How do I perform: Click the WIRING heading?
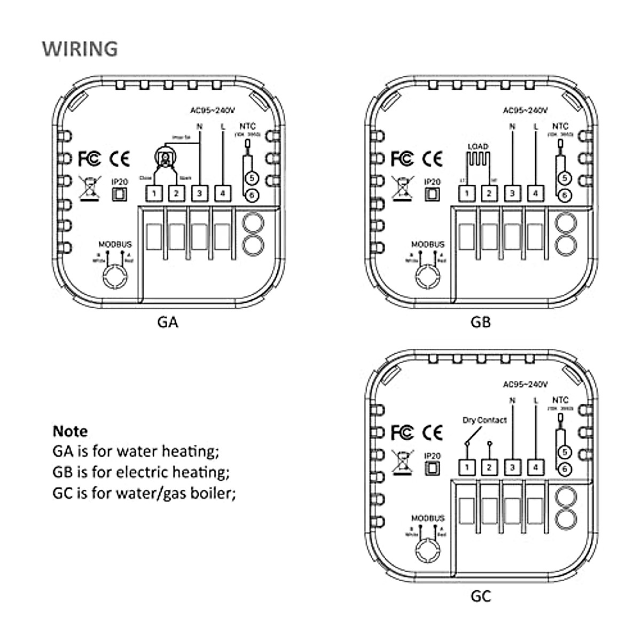click(x=80, y=49)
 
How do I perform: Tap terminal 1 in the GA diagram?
click(x=154, y=193)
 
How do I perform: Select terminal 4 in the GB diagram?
click(x=535, y=193)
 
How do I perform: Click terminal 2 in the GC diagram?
click(x=489, y=467)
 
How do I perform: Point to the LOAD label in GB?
click(x=478, y=146)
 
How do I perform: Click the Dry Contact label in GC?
click(x=484, y=420)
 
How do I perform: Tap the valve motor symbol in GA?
click(x=165, y=157)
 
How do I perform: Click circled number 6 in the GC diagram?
click(x=565, y=470)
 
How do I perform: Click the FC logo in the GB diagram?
click(x=402, y=158)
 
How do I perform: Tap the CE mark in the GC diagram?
click(x=432, y=432)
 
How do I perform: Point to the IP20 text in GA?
click(x=120, y=182)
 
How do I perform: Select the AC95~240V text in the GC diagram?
click(x=526, y=384)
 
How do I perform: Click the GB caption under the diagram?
click(x=480, y=322)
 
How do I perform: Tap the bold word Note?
click(x=70, y=431)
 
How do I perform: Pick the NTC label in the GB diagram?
click(x=560, y=126)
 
